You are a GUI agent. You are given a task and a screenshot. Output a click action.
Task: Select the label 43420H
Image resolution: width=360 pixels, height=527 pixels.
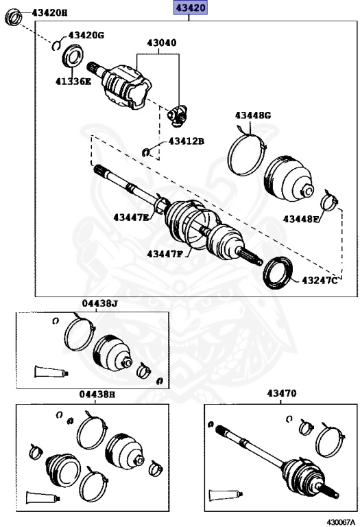pyautogui.click(x=49, y=13)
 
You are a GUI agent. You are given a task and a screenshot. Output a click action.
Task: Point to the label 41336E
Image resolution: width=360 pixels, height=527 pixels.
pyautogui.click(x=73, y=81)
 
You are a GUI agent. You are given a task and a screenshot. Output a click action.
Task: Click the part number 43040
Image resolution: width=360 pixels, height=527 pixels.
pyautogui.click(x=161, y=43)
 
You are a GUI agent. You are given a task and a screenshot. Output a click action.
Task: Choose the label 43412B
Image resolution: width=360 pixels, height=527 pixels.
pyautogui.click(x=187, y=141)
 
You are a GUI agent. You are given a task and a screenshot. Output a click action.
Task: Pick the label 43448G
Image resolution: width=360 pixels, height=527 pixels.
pyautogui.click(x=253, y=115)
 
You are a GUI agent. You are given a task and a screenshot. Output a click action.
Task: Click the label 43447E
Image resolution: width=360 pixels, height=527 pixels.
pyautogui.click(x=132, y=218)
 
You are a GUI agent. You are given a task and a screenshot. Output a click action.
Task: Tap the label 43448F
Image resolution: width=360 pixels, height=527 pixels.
pyautogui.click(x=302, y=219)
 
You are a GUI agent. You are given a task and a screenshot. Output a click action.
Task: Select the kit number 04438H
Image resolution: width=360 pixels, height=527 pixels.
pyautogui.click(x=97, y=395)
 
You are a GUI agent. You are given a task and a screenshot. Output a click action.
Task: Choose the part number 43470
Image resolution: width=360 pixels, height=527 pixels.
pyautogui.click(x=282, y=394)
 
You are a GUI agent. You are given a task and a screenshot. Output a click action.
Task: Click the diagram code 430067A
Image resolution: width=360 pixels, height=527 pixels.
pyautogui.click(x=340, y=522)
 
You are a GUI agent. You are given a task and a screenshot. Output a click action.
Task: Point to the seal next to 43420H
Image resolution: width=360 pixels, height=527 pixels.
pyautogui.click(x=13, y=16)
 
